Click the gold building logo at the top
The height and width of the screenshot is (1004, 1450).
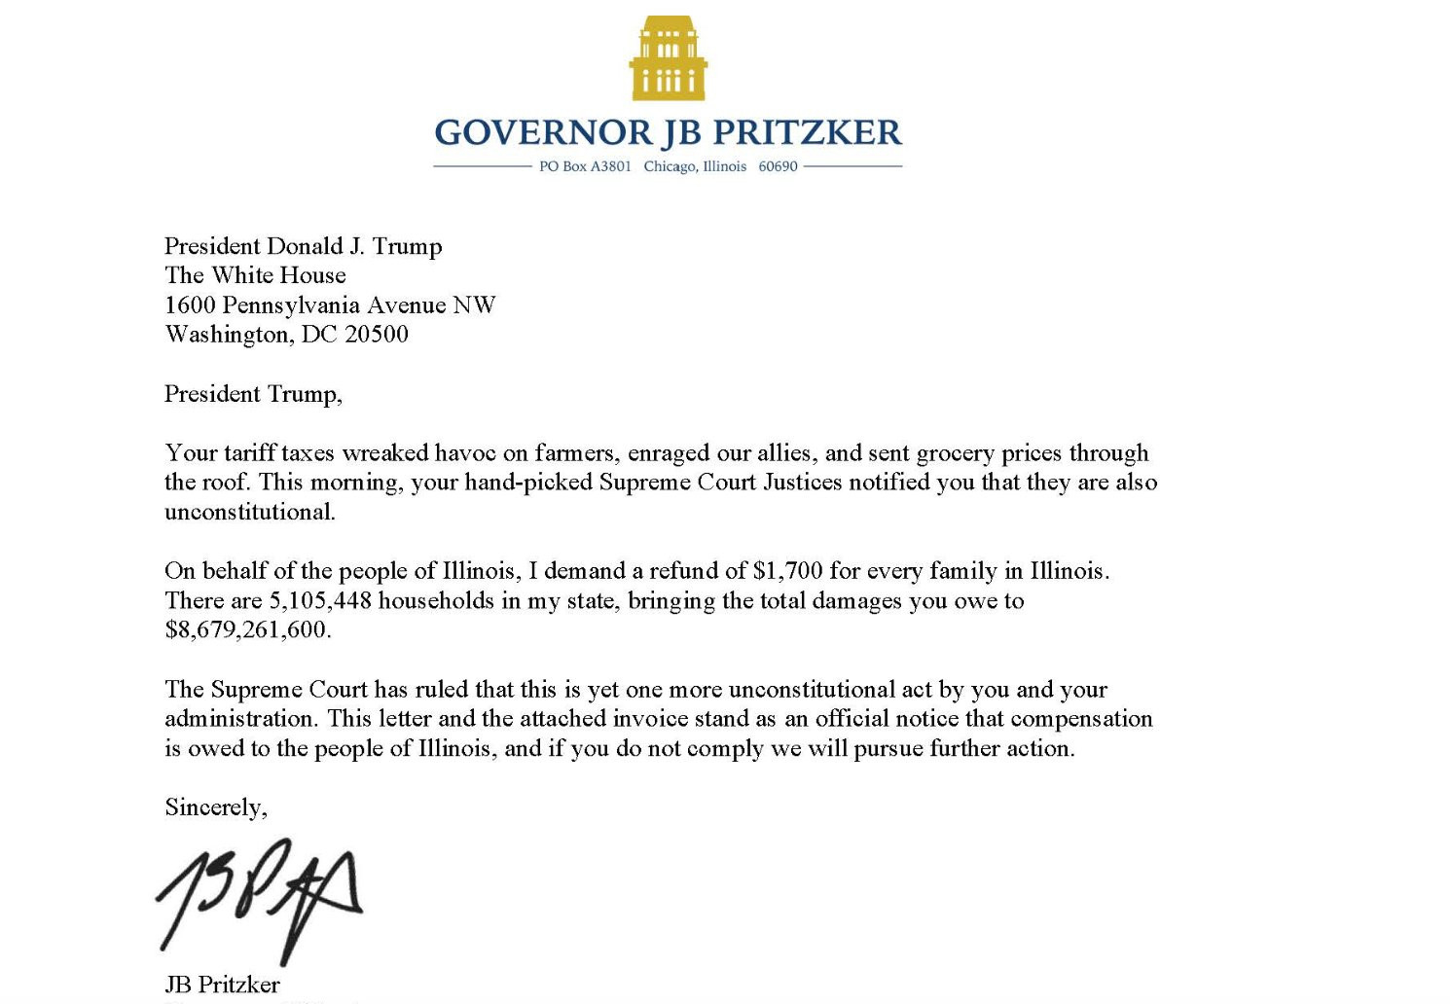(x=668, y=58)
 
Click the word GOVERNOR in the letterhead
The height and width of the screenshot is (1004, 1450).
(x=542, y=132)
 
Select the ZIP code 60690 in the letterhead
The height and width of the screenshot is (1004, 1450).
(x=778, y=166)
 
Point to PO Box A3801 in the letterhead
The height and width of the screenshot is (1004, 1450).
(x=585, y=166)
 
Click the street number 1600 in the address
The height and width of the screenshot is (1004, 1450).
(x=190, y=305)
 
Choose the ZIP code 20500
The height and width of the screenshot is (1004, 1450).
(x=377, y=335)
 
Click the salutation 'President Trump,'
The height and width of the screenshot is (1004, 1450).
(x=253, y=394)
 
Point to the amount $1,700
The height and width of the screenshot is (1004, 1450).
(x=787, y=571)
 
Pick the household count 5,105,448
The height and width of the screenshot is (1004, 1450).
(x=320, y=601)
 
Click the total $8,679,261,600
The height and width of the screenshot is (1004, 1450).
(x=247, y=630)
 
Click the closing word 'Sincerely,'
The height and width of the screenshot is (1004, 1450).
(x=216, y=807)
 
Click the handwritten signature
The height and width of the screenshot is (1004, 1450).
(x=258, y=897)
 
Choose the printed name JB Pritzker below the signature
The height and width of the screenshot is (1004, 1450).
(x=222, y=985)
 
